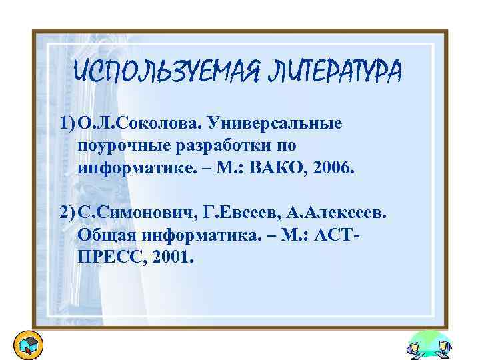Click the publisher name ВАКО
tap(290, 168)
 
